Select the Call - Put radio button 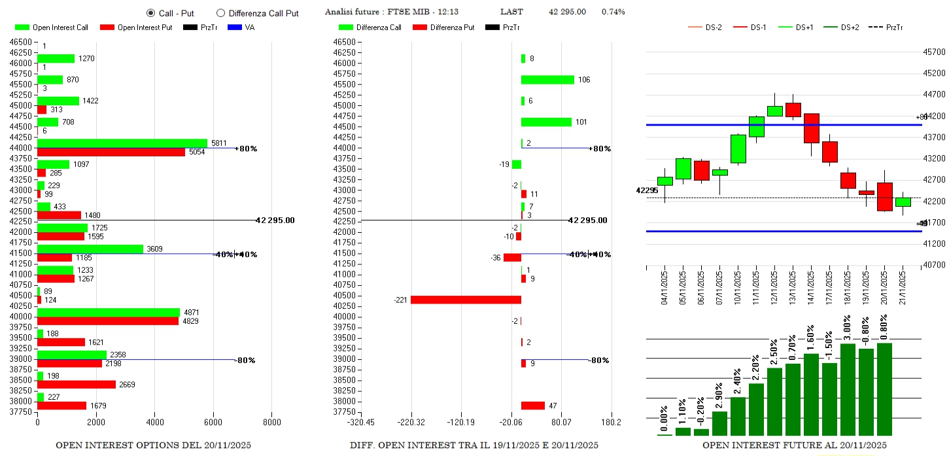(150, 13)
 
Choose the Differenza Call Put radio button (220, 13)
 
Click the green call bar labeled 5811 (122, 143)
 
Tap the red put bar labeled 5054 (111, 152)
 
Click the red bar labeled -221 (466, 300)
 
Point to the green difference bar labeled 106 (547, 80)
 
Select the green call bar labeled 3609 (90, 249)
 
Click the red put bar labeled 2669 (77, 384)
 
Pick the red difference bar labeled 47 (532, 406)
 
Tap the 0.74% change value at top (613, 12)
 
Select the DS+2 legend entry (840, 27)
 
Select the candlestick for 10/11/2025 (738, 149)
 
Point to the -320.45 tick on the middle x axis (361, 421)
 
